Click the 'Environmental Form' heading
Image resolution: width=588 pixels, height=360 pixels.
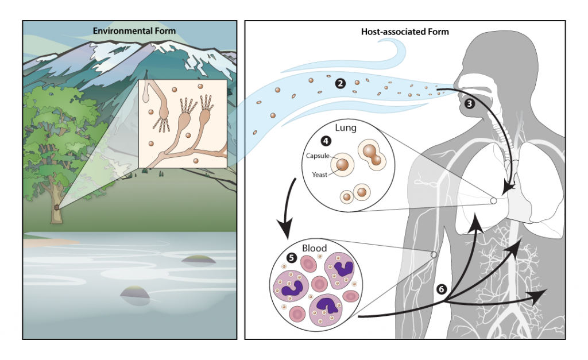[131, 30]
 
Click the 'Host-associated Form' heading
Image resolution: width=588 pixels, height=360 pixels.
[405, 32]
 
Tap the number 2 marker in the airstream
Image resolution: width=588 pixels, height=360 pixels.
[341, 84]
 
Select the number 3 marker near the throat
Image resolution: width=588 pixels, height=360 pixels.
[470, 103]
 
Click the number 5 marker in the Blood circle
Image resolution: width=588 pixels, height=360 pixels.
[291, 257]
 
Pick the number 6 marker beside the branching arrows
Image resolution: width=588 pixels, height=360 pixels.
[441, 289]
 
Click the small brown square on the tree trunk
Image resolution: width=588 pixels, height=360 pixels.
[56, 207]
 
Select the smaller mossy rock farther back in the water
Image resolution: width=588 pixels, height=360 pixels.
[198, 259]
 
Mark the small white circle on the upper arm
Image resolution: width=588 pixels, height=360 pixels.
[434, 254]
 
